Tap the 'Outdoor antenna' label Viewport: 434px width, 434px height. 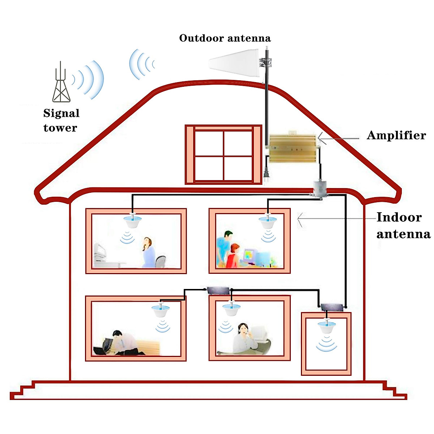click(x=225, y=38)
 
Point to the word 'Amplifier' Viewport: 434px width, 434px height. click(x=396, y=135)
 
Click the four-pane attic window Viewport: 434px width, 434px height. click(x=223, y=155)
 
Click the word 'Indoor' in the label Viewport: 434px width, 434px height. click(x=399, y=217)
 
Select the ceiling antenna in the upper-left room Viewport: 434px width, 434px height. click(x=132, y=220)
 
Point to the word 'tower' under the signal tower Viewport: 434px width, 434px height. click(x=60, y=128)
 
